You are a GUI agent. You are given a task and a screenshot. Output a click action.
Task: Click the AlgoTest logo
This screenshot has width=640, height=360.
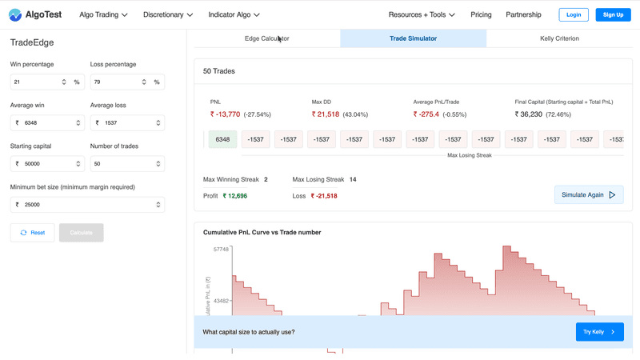pyautogui.click(x=37, y=14)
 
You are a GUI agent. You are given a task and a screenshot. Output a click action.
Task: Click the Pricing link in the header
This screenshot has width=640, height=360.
pyautogui.click(x=481, y=14)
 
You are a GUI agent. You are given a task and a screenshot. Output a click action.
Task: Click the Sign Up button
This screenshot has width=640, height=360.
pyautogui.click(x=613, y=14)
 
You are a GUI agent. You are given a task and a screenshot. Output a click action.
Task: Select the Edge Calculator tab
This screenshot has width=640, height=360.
pyautogui.click(x=266, y=38)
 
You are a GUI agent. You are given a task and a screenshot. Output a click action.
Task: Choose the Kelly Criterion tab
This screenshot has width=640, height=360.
pyautogui.click(x=559, y=38)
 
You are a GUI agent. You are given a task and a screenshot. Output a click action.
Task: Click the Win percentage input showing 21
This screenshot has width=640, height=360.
pyautogui.click(x=36, y=82)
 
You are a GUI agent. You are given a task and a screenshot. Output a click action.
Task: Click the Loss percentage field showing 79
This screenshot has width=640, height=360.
pyautogui.click(x=116, y=82)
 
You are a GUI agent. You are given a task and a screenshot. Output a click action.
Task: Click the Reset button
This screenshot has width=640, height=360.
pyautogui.click(x=33, y=233)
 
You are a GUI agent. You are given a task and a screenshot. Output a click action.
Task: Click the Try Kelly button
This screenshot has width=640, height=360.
pyautogui.click(x=599, y=332)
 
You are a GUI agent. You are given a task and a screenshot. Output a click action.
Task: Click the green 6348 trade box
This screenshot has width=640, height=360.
pyautogui.click(x=222, y=139)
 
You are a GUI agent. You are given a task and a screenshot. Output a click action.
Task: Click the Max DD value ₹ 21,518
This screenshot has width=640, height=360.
pyautogui.click(x=325, y=114)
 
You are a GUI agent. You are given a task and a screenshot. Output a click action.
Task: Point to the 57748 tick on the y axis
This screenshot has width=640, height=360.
pyautogui.click(x=221, y=250)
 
